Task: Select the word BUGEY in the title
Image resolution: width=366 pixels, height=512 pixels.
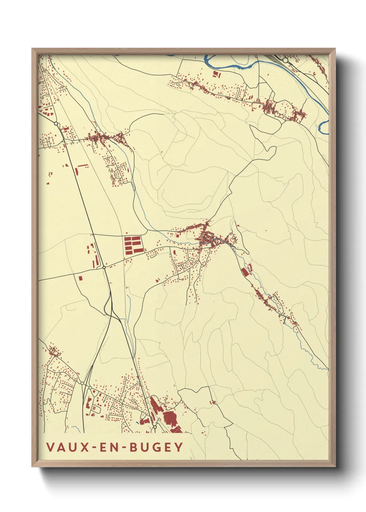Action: tap(156, 447)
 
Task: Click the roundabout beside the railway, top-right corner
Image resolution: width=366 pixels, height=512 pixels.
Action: tap(285, 60)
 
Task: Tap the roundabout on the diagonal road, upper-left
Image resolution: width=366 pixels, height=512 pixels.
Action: tap(56, 123)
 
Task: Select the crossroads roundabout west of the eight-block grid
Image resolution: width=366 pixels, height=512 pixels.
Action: tap(104, 267)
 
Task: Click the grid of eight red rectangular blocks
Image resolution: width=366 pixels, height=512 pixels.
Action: tap(133, 244)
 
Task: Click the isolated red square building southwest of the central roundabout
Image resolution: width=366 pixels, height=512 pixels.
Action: tap(80, 277)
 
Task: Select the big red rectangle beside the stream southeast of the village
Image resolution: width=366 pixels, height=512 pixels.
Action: tap(245, 272)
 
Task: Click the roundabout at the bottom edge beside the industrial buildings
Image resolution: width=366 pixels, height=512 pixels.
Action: tap(155, 427)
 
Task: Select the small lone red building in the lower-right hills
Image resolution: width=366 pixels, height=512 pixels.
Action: tap(213, 402)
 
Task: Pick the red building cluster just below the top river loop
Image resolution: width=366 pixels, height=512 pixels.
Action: tap(217, 74)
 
